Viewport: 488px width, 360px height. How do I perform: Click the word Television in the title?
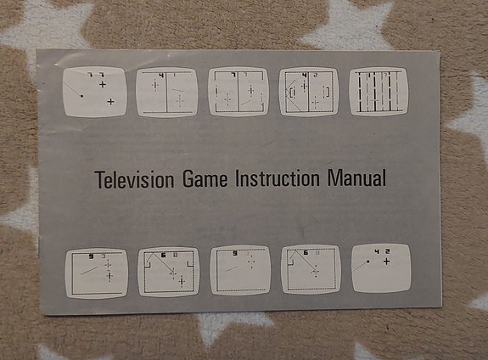(134, 180)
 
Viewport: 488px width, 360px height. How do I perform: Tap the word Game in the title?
(205, 179)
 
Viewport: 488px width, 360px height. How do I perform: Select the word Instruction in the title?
(278, 178)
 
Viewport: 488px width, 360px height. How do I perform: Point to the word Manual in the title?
(356, 177)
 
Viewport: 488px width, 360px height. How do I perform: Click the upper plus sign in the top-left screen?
(103, 84)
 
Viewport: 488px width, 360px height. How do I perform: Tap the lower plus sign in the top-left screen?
(110, 102)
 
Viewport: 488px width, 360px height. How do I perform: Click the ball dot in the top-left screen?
(81, 96)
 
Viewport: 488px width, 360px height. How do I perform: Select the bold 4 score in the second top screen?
(161, 75)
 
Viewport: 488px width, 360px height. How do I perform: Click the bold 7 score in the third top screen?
(233, 75)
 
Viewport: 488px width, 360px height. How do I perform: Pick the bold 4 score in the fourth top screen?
(305, 75)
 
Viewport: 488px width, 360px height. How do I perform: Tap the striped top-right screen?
(379, 92)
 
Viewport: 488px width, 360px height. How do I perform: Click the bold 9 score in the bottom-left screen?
(91, 256)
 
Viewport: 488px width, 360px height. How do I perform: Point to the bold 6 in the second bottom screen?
(164, 256)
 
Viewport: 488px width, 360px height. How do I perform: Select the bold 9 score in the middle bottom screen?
(235, 254)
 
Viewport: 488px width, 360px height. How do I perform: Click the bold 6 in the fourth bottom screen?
(306, 252)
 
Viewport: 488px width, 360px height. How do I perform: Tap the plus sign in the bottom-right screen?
(386, 262)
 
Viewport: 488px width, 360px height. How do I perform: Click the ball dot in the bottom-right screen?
(368, 262)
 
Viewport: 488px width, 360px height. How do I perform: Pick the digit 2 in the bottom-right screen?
(387, 251)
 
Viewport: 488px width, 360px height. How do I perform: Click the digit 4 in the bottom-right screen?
(377, 251)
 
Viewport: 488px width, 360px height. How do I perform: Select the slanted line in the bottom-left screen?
(89, 270)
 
